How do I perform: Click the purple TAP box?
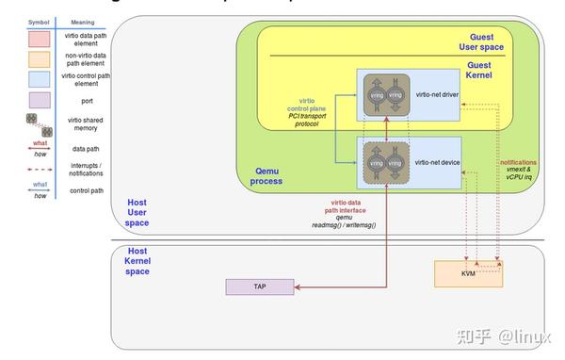tap(258, 286)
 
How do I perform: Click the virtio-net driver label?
tap(436, 95)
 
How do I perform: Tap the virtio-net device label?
tap(436, 162)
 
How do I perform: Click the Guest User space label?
tap(479, 41)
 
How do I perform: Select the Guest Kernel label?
tap(479, 71)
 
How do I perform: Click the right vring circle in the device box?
tap(396, 163)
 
